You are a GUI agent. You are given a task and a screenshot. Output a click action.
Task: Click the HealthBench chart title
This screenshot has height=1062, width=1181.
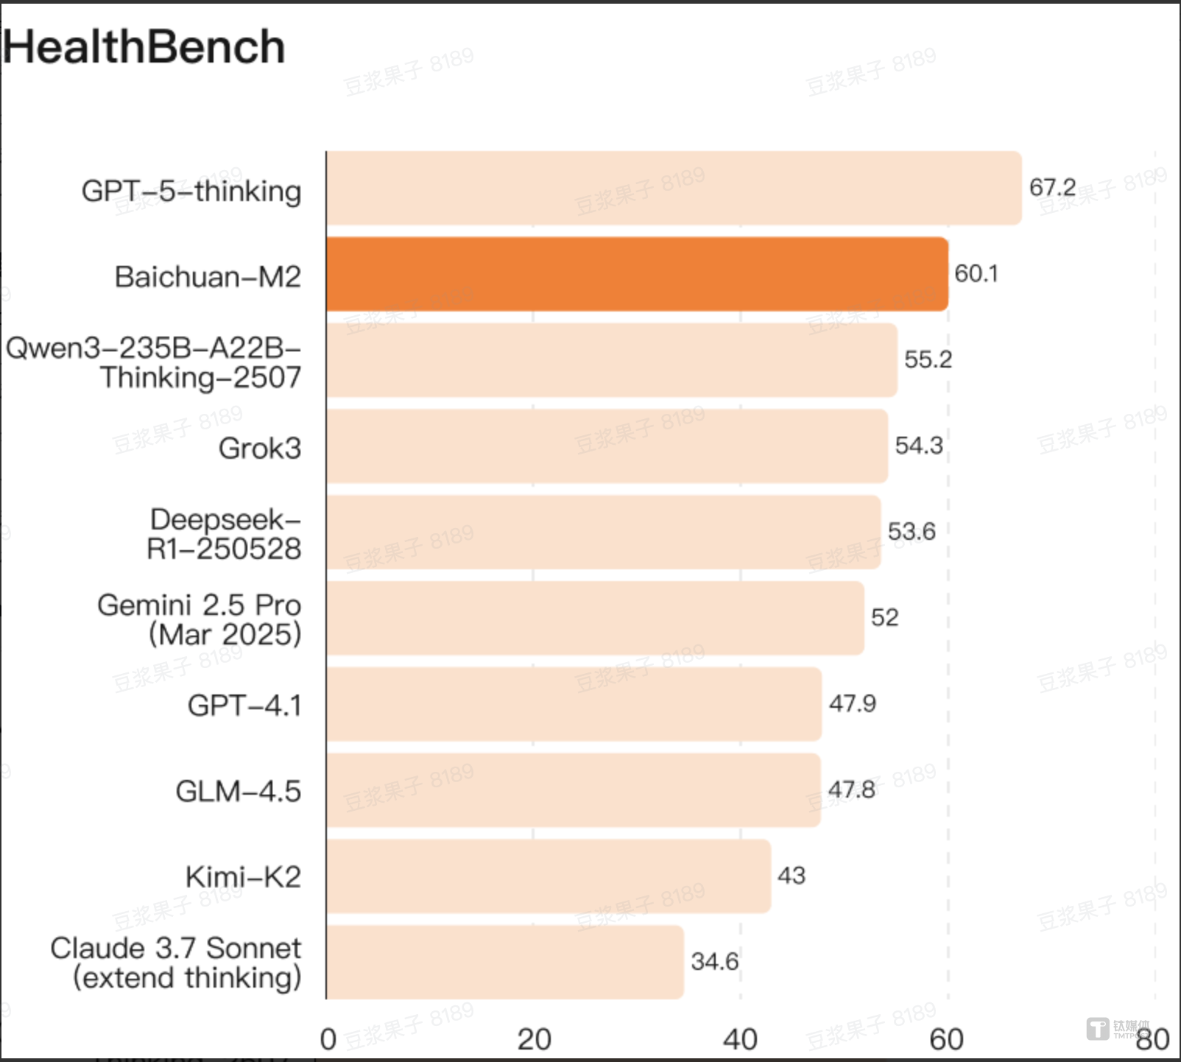coord(144,47)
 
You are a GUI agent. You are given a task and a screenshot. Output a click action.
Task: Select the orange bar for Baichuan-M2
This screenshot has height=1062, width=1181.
coord(637,274)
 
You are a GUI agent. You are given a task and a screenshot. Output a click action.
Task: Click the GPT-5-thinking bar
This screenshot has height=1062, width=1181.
coord(674,189)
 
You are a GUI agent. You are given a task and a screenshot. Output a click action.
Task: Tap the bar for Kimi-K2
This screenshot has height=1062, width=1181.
coord(549,876)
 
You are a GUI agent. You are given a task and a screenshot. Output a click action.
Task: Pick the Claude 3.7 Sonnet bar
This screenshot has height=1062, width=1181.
coord(505,962)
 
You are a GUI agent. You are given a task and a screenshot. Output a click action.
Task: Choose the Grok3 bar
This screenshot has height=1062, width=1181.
coord(607,446)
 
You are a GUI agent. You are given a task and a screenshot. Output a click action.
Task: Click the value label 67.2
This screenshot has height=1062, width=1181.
coord(1052,187)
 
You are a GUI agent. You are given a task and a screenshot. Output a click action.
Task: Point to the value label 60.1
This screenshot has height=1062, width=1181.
coord(976,274)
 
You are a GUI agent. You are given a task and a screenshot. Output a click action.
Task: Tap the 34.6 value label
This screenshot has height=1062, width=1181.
coord(714,961)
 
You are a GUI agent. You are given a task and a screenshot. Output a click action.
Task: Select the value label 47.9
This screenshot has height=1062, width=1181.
coord(853,703)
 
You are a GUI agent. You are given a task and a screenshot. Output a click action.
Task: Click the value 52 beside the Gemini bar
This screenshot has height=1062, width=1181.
coord(884,617)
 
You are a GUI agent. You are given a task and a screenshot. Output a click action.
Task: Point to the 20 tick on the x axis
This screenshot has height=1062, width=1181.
coord(534,1039)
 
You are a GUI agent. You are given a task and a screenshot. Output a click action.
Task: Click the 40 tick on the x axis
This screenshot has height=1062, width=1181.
coord(740,1039)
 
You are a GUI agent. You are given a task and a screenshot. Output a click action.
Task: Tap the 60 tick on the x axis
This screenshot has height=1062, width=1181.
coord(946,1039)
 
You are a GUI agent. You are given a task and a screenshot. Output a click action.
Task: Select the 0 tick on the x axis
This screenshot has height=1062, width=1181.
coord(328,1039)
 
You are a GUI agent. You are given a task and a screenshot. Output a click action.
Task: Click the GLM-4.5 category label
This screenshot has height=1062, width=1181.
coord(238,791)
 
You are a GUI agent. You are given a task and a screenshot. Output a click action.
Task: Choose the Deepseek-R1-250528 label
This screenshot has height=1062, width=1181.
coord(224,534)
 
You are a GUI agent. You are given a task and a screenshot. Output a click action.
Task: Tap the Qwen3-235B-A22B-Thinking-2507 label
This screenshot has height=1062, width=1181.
coord(154,362)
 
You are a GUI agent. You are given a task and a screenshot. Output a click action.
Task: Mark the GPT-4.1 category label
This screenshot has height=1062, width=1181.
coord(244,706)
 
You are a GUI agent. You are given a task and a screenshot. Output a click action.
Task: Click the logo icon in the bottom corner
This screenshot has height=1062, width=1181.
coord(1098,1029)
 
